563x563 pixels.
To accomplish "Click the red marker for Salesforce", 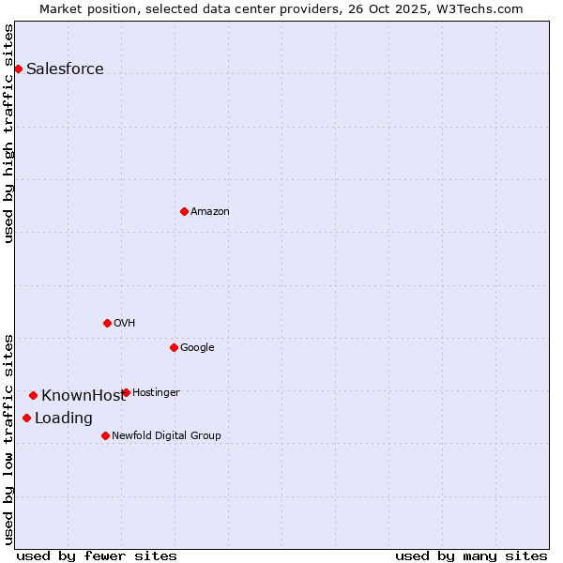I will [x=18, y=68].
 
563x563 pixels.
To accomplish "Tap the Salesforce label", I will [x=65, y=69].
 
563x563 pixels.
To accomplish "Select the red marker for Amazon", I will [x=184, y=211].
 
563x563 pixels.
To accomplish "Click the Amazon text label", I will [x=210, y=212].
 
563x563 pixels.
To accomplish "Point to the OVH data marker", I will [x=107, y=323].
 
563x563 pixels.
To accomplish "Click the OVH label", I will [x=125, y=324].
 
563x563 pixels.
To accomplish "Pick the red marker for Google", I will [x=174, y=347].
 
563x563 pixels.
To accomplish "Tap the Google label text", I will [x=197, y=348].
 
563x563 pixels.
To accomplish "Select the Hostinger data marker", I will [x=126, y=392].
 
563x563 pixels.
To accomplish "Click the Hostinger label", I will [x=156, y=393].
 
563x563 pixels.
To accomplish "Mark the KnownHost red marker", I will [x=33, y=395].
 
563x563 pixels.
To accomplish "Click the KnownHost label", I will [x=83, y=396].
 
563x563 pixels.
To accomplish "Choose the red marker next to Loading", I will [x=26, y=418].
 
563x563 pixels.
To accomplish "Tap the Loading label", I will [x=64, y=418].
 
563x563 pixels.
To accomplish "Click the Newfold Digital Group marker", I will [x=105, y=435].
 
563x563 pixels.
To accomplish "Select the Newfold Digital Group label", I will [x=166, y=436].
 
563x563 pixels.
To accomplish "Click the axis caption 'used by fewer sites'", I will [x=97, y=555].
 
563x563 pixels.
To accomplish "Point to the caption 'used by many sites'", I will [x=471, y=555].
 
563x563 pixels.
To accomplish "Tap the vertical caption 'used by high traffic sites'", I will [x=8, y=133].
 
